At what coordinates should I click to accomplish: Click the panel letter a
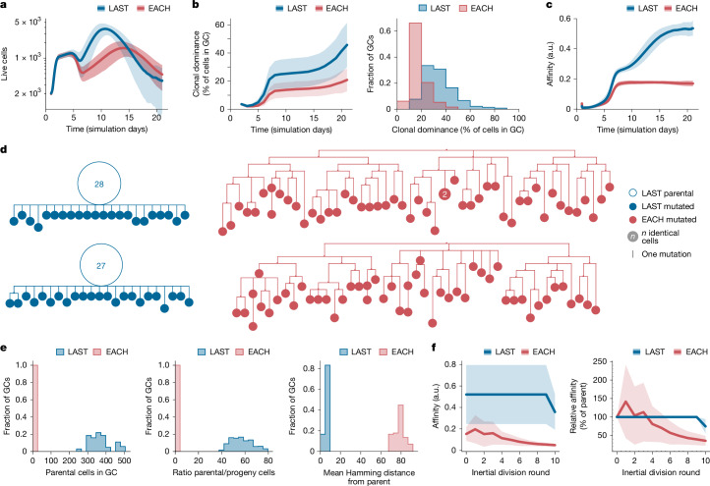[6, 7]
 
